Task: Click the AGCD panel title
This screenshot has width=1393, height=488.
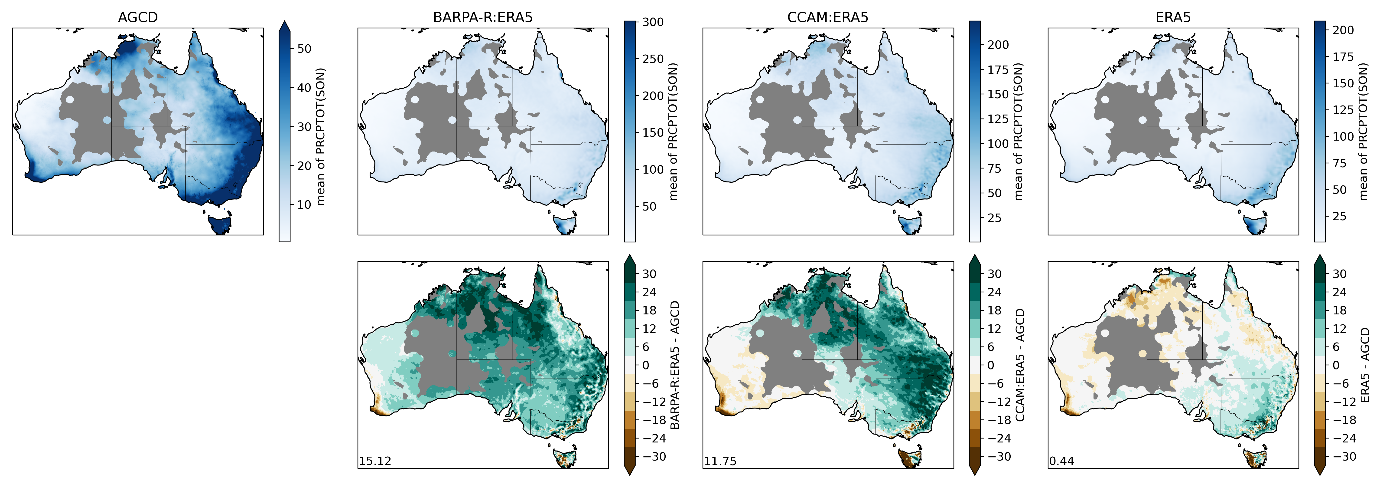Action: coord(138,17)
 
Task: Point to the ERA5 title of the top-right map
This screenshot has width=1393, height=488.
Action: coord(1173,17)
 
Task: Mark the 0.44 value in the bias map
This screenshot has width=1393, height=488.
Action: coord(1061,461)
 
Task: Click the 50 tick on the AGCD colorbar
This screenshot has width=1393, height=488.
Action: coord(304,49)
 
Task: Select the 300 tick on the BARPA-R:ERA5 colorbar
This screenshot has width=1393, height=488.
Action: coord(653,22)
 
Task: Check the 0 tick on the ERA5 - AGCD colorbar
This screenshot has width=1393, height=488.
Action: coord(1335,365)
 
